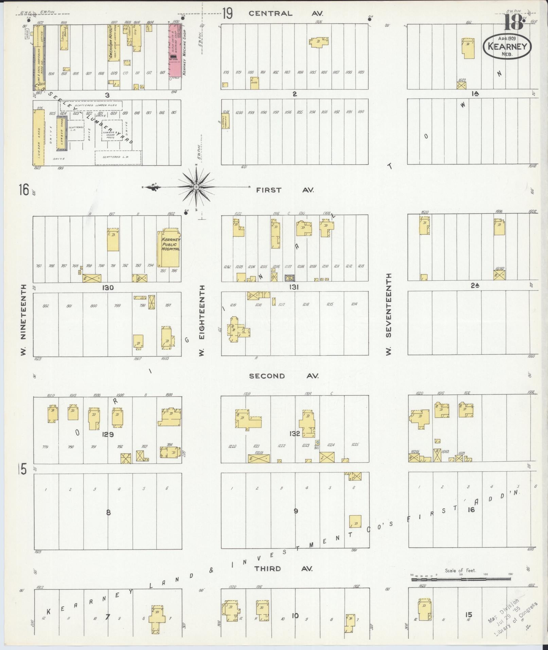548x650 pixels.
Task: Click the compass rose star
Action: pos(196,187)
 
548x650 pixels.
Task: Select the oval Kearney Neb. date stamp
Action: pos(507,46)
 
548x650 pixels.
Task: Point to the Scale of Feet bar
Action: pos(460,577)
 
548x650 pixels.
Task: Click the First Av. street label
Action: pos(285,190)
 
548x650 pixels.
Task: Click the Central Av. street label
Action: pos(285,14)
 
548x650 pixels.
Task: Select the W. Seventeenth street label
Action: pos(389,314)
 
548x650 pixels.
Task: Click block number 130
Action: pos(107,288)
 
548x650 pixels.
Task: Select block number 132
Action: pos(295,434)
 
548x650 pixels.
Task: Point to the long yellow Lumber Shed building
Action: pos(39,137)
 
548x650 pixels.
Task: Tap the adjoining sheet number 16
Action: pos(23,190)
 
